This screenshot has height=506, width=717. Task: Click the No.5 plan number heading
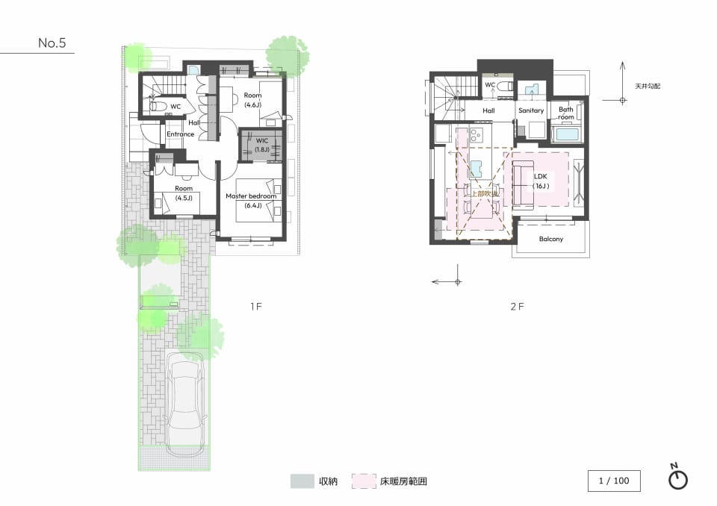click(52, 43)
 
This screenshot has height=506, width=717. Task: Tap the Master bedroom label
click(251, 196)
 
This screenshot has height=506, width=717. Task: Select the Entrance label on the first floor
click(180, 134)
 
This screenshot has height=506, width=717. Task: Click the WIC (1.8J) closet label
click(262, 145)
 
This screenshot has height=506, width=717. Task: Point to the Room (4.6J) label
click(252, 100)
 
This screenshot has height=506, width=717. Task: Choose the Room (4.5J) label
click(184, 193)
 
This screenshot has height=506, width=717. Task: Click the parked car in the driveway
click(185, 404)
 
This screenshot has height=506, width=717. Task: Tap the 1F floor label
click(256, 306)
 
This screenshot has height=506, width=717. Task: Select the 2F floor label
click(517, 306)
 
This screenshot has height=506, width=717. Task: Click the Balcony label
click(551, 239)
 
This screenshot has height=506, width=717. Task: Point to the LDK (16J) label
click(541, 181)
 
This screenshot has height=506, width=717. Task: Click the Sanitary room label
click(531, 110)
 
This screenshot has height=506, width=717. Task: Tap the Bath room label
click(565, 113)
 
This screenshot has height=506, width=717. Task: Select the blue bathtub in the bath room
click(567, 134)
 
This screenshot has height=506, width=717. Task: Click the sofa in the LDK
click(523, 184)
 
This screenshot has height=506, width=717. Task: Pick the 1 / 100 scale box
click(614, 481)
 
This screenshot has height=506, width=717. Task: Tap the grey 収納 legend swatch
click(302, 481)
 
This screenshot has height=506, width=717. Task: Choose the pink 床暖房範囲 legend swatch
click(364, 481)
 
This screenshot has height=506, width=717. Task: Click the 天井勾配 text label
click(648, 86)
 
